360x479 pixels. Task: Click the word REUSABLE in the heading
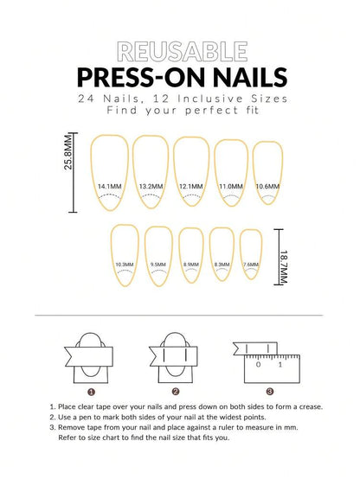tap(180, 52)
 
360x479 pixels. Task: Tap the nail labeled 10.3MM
tap(124, 255)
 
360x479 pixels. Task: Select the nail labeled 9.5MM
tap(157, 255)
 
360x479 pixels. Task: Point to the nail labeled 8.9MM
tap(191, 255)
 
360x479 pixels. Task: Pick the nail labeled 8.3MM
tap(222, 255)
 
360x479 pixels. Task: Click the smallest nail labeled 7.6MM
tap(250, 255)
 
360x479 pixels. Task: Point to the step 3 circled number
tap(257, 390)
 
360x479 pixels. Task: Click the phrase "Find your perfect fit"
tap(180, 112)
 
